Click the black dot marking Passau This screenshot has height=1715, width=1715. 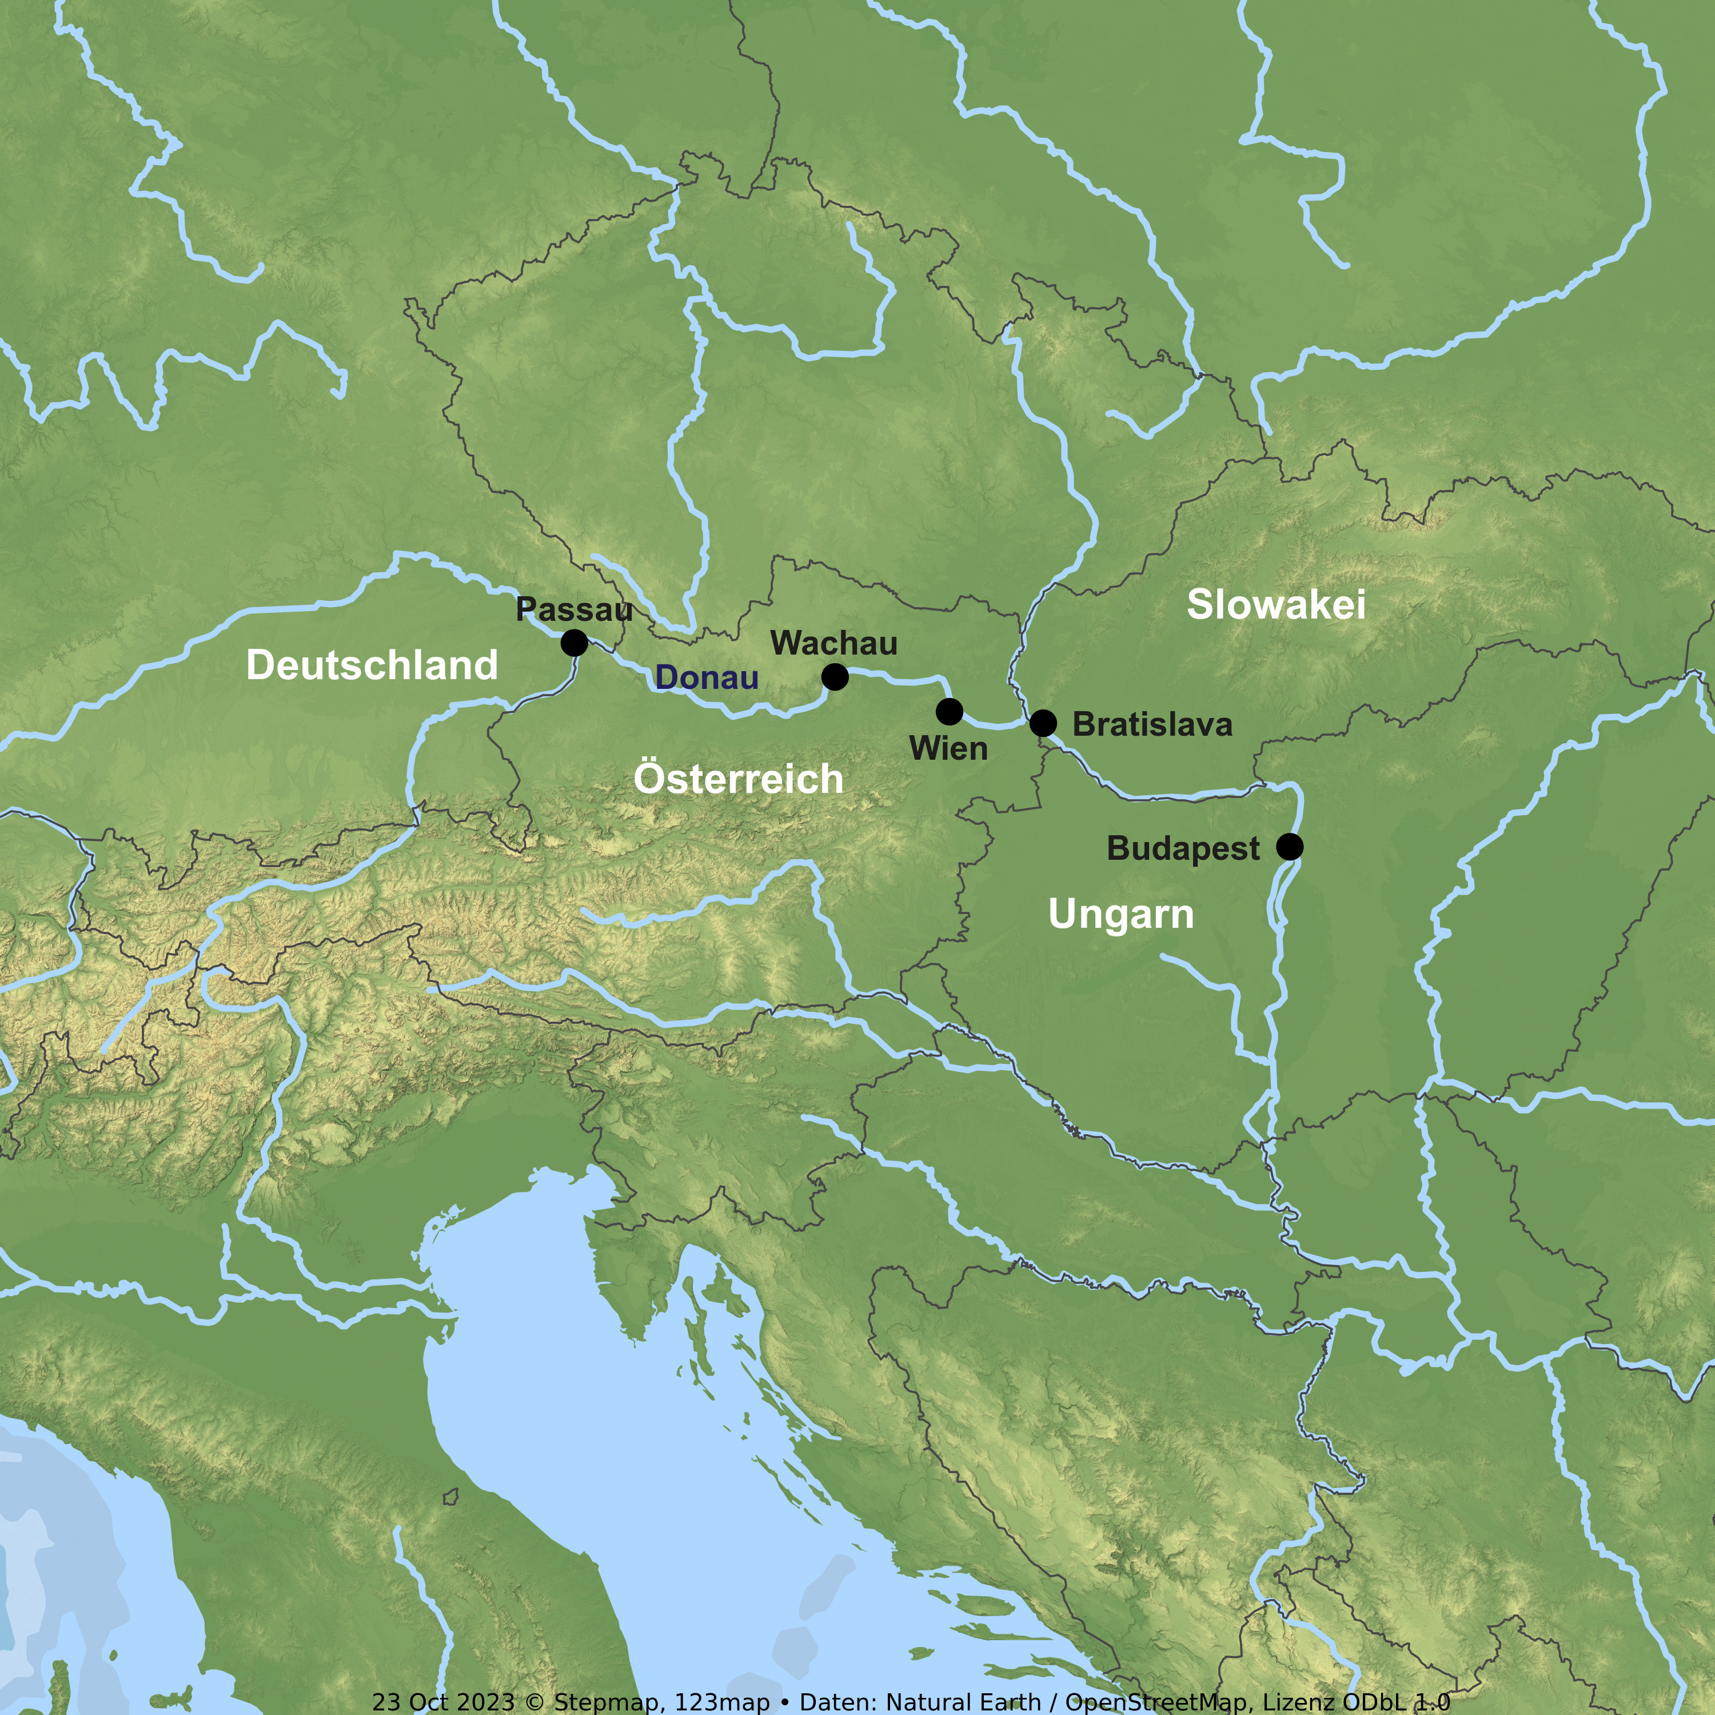tap(575, 643)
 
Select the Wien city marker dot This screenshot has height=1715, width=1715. tap(949, 711)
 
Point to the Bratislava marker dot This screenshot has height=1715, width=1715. tap(1043, 724)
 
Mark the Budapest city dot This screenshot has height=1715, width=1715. tap(1290, 847)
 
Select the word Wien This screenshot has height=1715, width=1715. tap(948, 748)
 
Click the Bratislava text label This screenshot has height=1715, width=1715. tap(1152, 724)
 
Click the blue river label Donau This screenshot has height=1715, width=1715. tap(707, 678)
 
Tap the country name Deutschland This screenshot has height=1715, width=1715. tap(372, 665)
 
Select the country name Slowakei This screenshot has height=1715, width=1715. tap(1275, 604)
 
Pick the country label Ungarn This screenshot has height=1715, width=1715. tap(1120, 914)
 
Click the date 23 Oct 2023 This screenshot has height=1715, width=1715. tap(443, 1702)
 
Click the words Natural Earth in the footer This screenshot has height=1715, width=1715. tap(963, 1702)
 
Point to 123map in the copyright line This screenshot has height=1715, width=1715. tap(721, 1702)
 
